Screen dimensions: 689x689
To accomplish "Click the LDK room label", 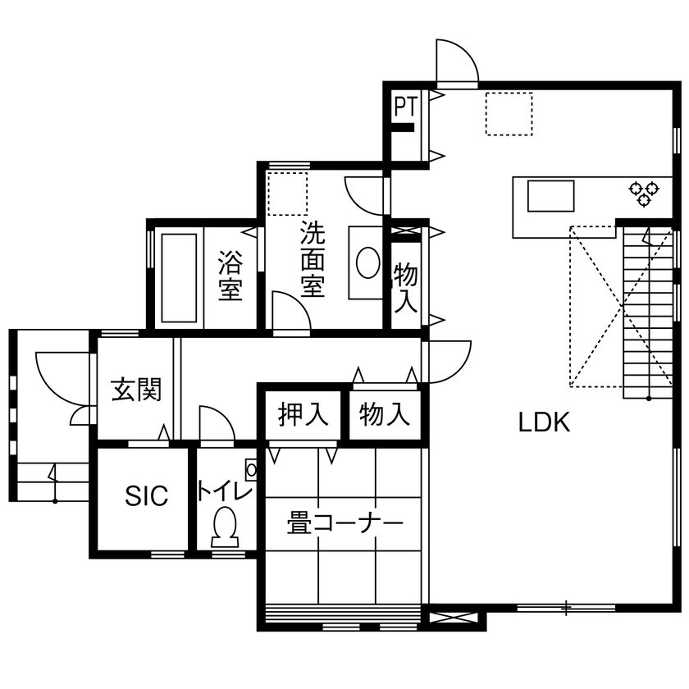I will [543, 422].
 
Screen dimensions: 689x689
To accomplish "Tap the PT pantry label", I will [405, 107].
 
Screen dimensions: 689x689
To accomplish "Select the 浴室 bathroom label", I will [230, 277].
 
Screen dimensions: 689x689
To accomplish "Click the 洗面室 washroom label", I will [312, 258].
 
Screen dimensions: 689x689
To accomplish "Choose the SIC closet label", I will [146, 495].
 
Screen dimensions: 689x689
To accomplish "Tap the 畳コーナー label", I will [344, 522].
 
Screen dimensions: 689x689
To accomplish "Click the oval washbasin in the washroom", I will [367, 263].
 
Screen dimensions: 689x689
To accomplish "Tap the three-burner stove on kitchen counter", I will [644, 193].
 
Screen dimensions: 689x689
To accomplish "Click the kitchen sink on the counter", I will [550, 197].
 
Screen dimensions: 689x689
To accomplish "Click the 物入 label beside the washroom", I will [405, 287].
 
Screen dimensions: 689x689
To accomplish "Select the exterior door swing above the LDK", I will [456, 63].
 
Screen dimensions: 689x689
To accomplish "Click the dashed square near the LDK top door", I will [509, 113].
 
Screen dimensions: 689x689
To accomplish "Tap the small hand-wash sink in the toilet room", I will [251, 470].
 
